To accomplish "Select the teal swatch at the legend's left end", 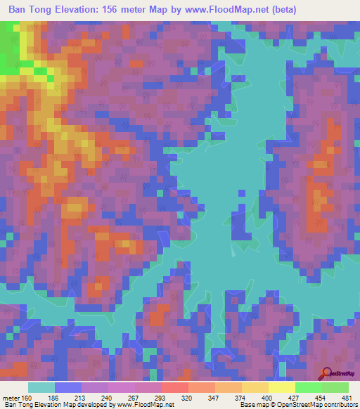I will tap(41, 387).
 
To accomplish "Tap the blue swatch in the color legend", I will tap(68, 387).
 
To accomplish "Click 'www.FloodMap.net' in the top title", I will tap(227, 9).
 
